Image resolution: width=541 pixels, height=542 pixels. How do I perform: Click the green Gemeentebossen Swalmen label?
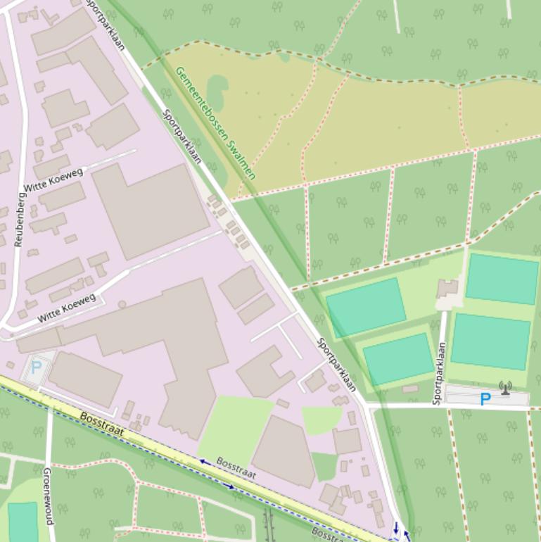(x=215, y=123)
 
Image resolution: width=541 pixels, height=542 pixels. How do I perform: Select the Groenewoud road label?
(x=49, y=496)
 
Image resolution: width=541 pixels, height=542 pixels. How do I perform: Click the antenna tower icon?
(x=504, y=388)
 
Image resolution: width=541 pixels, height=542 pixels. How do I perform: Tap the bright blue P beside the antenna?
(x=485, y=400)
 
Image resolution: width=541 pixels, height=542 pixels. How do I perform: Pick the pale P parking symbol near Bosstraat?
(x=36, y=367)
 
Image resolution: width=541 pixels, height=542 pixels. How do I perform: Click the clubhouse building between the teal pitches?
(x=447, y=289)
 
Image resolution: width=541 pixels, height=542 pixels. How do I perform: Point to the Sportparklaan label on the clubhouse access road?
(x=439, y=373)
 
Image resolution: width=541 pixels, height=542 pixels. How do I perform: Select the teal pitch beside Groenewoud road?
(x=23, y=522)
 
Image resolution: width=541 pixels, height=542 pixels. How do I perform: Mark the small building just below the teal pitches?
(x=410, y=389)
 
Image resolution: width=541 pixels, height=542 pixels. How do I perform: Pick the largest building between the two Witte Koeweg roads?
(x=150, y=210)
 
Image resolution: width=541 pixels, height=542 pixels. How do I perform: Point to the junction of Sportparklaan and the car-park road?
(x=368, y=406)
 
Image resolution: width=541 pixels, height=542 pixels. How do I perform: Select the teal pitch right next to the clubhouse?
(x=502, y=279)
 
